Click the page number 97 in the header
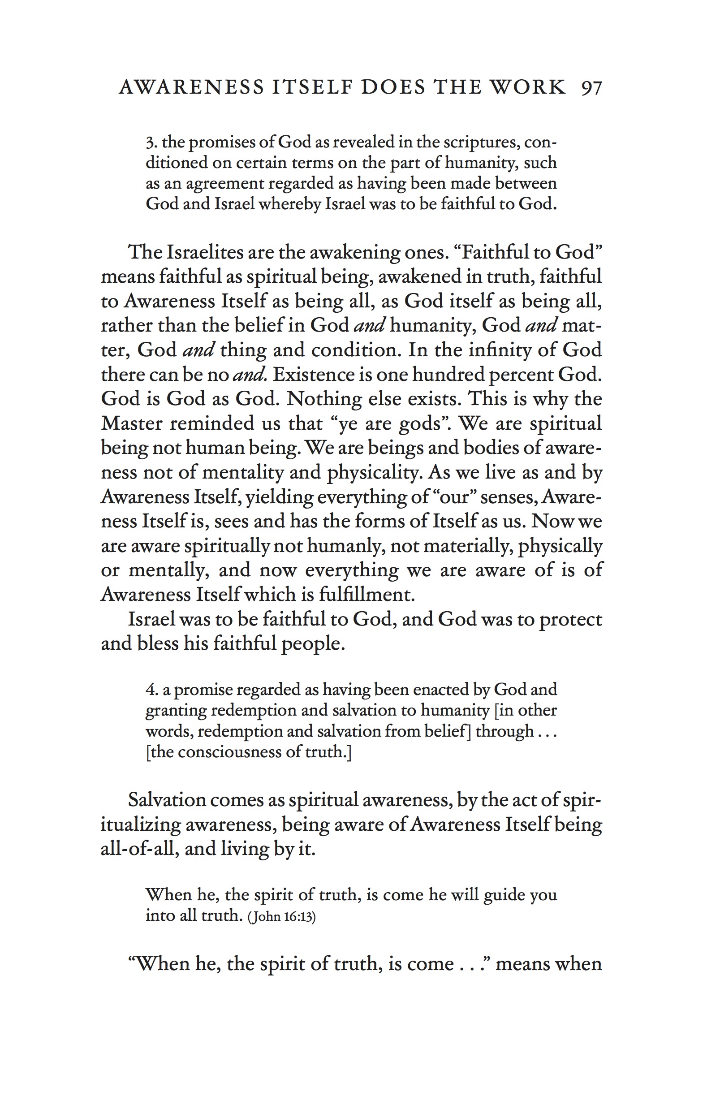pyautogui.click(x=591, y=88)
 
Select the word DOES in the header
pyautogui.click(x=393, y=88)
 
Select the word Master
pyautogui.click(x=131, y=423)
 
